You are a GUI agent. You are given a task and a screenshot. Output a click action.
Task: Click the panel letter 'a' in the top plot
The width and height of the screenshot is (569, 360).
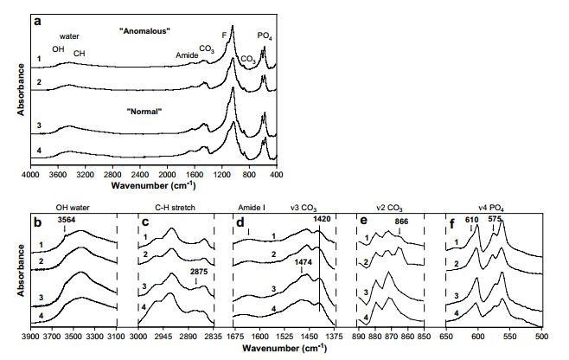pyautogui.click(x=36, y=20)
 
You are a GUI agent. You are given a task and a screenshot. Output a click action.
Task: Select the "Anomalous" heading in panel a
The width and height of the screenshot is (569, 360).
pyautogui.click(x=144, y=31)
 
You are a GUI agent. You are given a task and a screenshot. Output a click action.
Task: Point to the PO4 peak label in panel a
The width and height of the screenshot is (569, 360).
pyautogui.click(x=266, y=35)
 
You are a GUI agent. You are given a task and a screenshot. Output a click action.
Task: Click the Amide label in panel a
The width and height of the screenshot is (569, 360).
pyautogui.click(x=187, y=55)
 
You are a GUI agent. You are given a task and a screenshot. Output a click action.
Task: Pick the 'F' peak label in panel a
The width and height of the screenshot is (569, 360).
pyautogui.click(x=225, y=35)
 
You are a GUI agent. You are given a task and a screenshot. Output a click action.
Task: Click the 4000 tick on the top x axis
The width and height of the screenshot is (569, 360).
pyautogui.click(x=31, y=175)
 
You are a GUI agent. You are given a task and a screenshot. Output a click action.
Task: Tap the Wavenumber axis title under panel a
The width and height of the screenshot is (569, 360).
pyautogui.click(x=154, y=185)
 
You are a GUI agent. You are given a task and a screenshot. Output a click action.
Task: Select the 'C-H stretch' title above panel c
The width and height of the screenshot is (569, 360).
pyautogui.click(x=176, y=209)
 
